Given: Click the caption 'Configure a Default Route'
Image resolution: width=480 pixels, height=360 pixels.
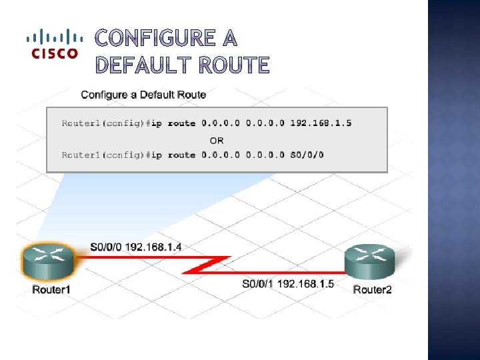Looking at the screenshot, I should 143,95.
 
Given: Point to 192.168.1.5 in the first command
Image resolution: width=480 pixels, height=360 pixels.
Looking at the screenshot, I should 321,123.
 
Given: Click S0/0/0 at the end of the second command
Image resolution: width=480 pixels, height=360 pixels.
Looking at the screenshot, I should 307,155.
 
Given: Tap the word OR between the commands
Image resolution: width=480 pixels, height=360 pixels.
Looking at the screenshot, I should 217,140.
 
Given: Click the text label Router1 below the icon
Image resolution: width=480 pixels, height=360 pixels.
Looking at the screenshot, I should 51,289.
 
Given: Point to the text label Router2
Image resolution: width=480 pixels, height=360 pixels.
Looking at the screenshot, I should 372,289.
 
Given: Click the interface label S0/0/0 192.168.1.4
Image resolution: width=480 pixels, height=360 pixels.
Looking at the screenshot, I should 136,247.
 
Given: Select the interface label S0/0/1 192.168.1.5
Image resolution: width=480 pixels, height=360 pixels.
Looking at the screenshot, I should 288,284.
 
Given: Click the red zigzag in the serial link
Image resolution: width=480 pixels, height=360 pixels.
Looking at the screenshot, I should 207,265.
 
